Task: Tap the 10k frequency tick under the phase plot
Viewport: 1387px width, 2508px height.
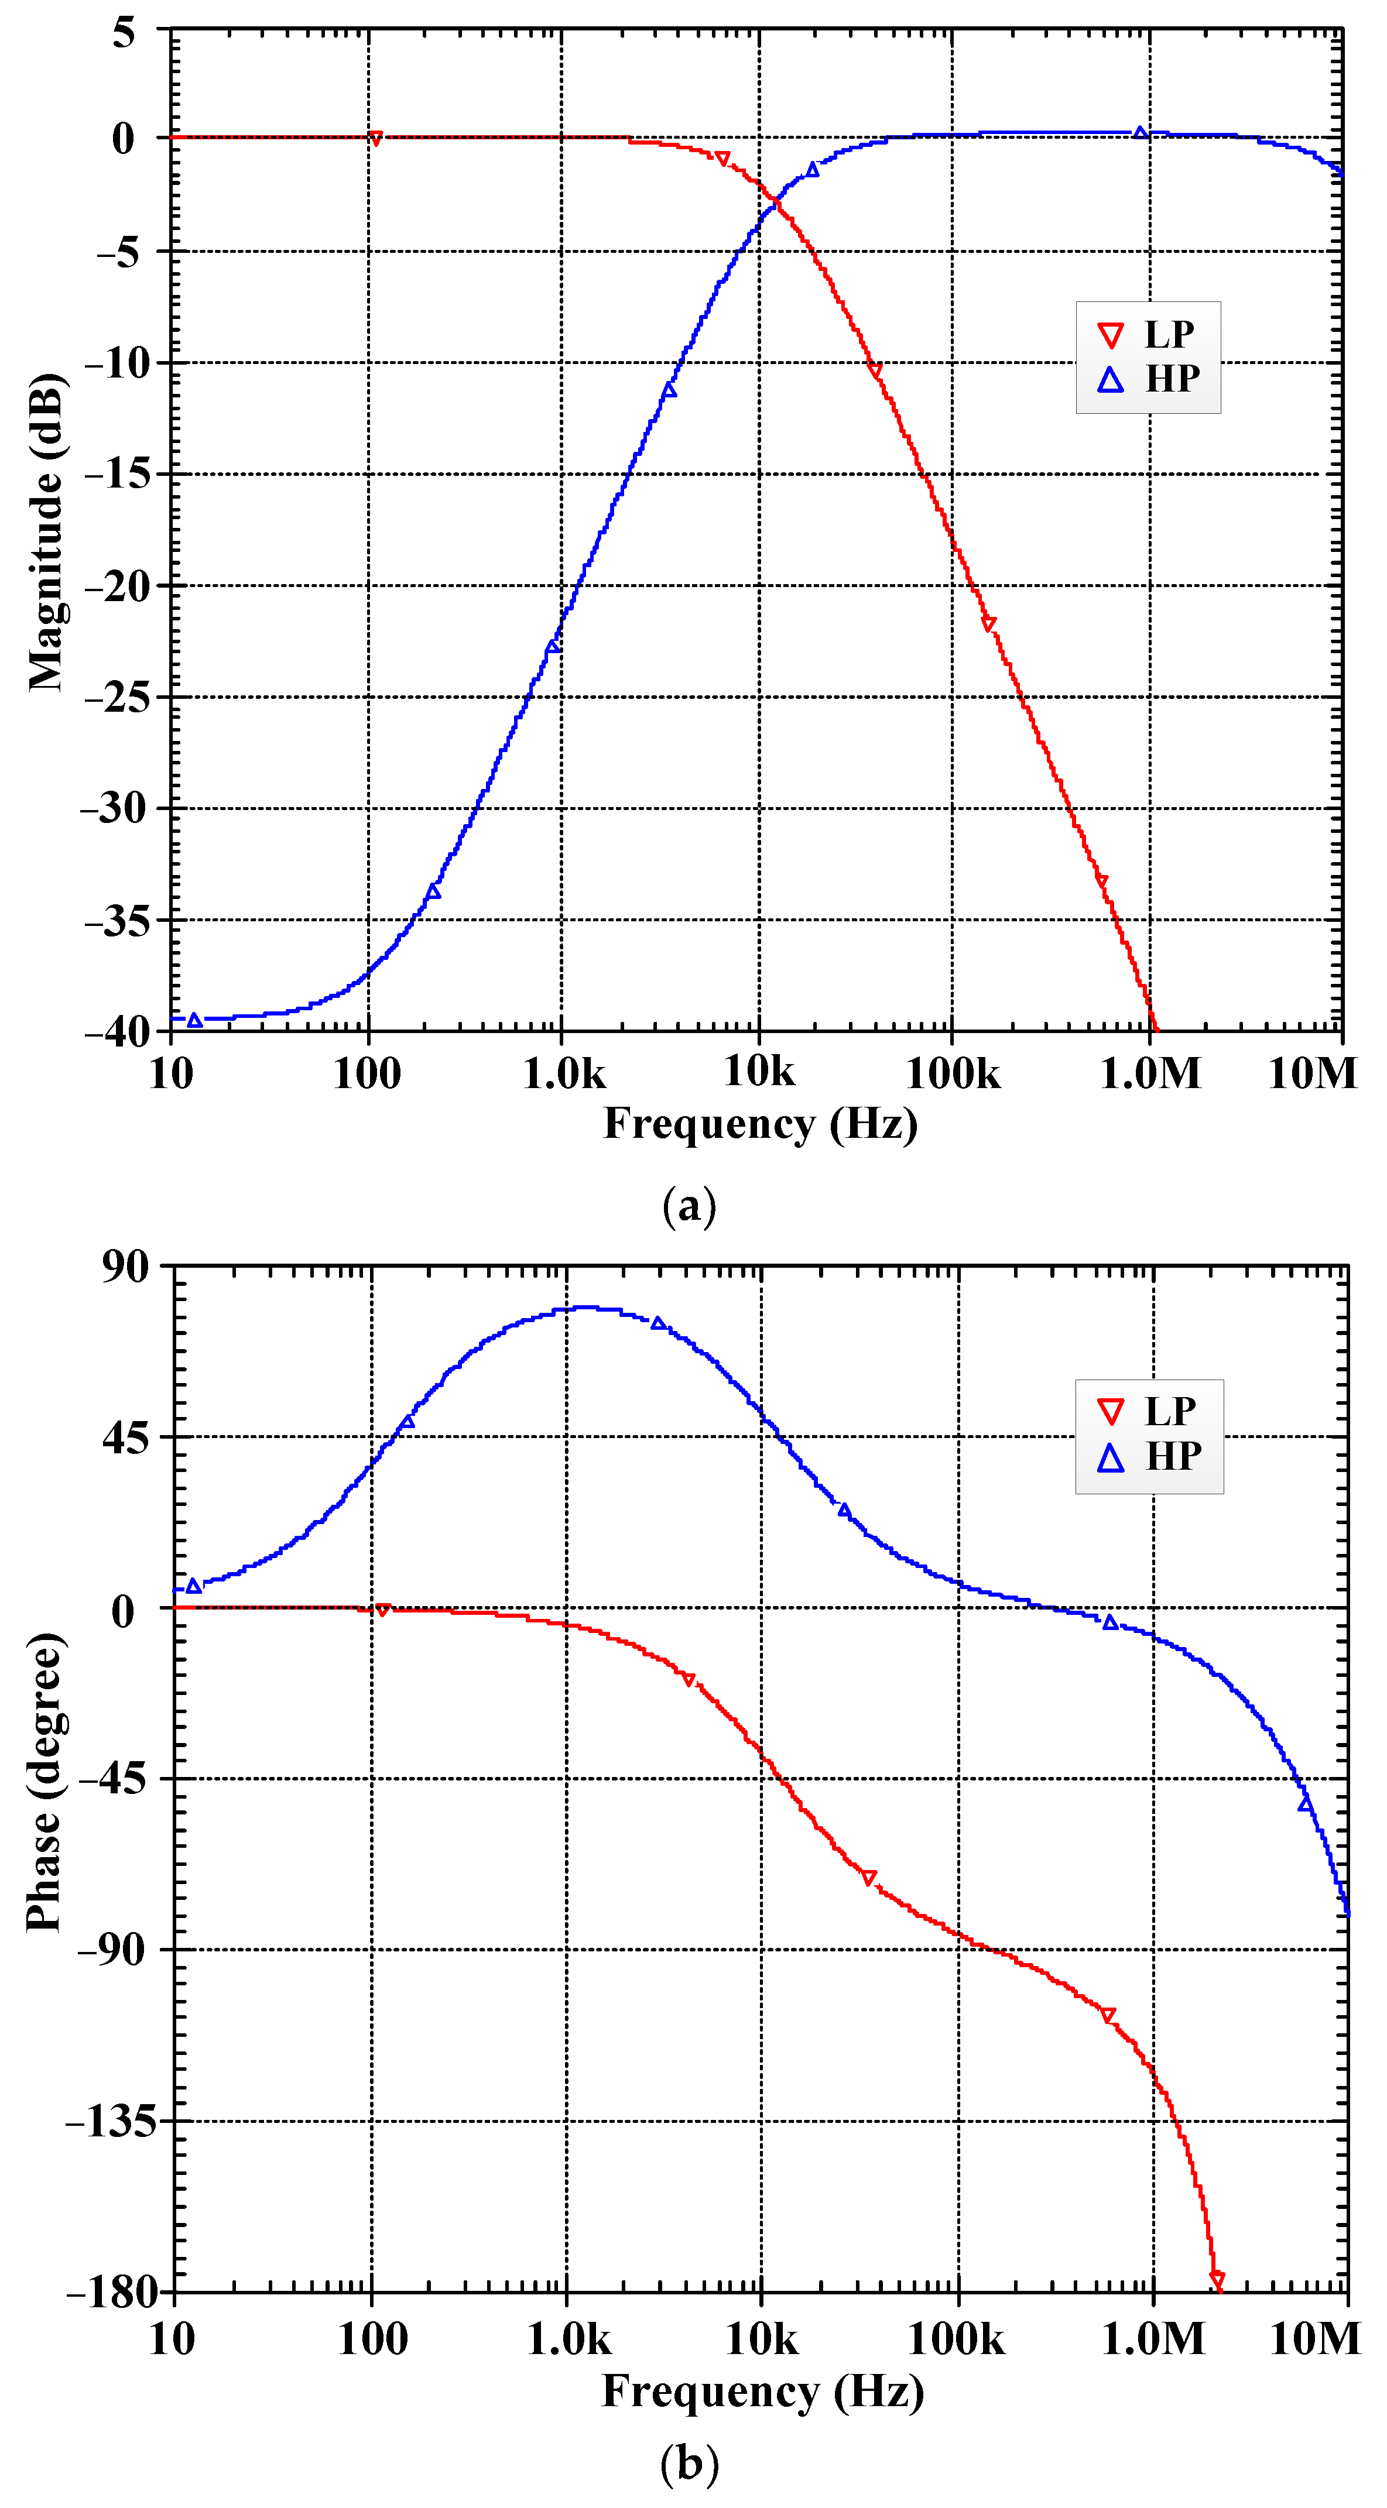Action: tap(761, 2339)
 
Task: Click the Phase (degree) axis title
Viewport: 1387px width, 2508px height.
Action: tap(45, 1783)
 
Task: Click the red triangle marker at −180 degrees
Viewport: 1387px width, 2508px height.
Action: tap(1217, 2279)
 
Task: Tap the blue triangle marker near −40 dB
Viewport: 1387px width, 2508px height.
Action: tap(195, 1020)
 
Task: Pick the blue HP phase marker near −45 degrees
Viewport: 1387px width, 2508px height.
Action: tap(1305, 1803)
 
